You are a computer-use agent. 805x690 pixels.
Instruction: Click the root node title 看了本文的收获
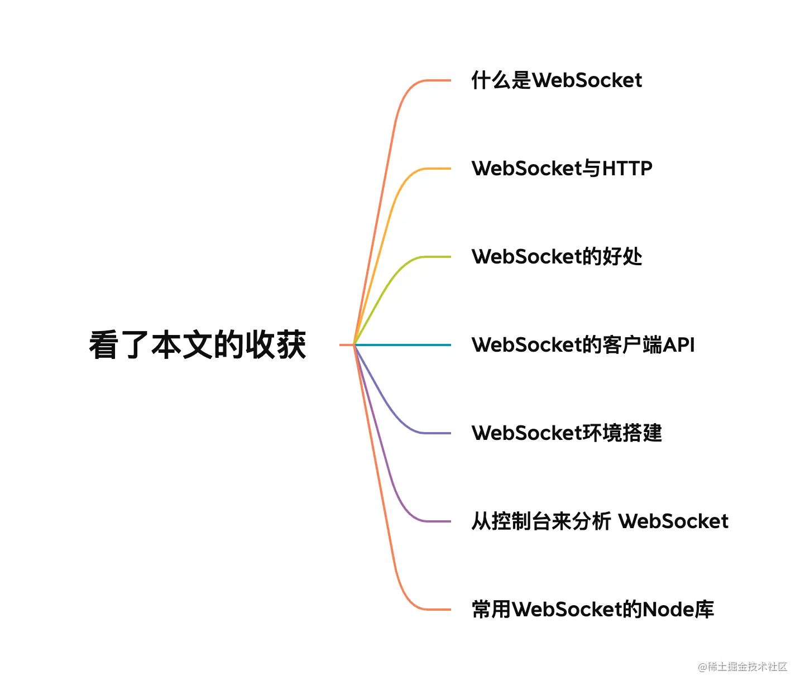(x=198, y=345)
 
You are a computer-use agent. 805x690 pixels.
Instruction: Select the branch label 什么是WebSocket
(x=557, y=80)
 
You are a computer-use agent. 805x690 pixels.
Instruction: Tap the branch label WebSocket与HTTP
(x=562, y=169)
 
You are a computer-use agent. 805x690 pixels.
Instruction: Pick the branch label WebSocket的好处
(x=557, y=257)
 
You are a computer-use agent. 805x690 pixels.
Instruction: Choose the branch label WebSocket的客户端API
(x=583, y=345)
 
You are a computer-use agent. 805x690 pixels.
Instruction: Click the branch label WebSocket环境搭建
(x=567, y=433)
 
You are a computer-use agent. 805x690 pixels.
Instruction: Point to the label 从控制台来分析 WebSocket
(x=600, y=521)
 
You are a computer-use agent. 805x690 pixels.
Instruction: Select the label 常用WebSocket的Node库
(x=592, y=610)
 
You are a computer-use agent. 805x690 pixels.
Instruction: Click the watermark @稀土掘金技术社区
(x=742, y=667)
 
